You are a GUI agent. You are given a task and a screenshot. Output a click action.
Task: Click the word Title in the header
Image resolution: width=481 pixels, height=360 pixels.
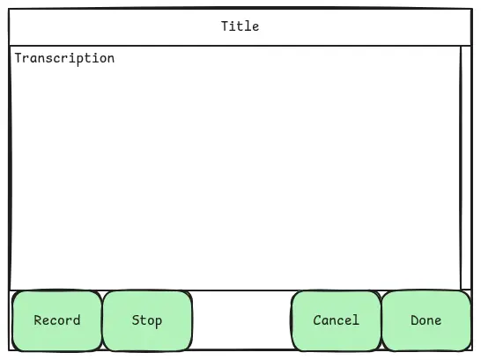pos(240,26)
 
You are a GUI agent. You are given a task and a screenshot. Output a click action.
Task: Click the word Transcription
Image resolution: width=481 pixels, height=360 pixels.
pos(64,58)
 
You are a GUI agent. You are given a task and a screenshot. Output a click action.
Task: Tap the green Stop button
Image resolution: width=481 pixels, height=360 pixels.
pos(147,320)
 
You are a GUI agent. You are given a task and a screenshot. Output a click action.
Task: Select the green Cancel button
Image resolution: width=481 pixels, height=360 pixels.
pos(337,320)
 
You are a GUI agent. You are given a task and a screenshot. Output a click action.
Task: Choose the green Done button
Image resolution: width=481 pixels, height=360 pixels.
pos(426,320)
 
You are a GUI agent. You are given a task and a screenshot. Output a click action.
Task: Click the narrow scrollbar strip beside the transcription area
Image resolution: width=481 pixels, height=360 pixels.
pos(466,167)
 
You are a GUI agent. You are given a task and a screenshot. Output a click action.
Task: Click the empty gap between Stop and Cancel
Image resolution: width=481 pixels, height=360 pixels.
pos(241,320)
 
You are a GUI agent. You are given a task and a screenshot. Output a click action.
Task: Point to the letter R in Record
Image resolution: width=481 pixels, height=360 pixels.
pos(38,320)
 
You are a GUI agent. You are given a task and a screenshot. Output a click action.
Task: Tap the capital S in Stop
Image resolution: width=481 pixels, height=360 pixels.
pos(136,320)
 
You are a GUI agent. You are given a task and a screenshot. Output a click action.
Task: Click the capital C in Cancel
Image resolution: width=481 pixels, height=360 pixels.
pos(317,320)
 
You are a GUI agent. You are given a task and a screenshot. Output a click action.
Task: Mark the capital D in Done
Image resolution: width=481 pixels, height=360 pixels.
pos(415,320)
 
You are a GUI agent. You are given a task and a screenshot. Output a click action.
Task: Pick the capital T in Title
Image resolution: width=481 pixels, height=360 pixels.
pos(225,26)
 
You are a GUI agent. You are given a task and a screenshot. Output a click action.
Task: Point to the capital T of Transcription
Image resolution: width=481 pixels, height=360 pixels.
pos(18,57)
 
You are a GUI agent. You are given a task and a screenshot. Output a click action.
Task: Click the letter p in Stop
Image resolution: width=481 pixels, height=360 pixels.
pos(158,322)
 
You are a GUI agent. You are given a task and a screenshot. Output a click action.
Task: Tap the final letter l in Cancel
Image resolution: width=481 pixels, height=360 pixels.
pos(356,320)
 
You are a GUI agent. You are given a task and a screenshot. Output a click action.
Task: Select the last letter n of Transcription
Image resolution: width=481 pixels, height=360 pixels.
pos(111,59)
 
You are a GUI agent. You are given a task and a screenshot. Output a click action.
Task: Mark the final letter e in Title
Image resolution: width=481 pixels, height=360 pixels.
pos(255,27)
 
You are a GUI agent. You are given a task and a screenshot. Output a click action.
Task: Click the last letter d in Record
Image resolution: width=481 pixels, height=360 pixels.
pos(77,320)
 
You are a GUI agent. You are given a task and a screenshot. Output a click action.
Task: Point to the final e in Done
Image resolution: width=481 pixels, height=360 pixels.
pos(438,321)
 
